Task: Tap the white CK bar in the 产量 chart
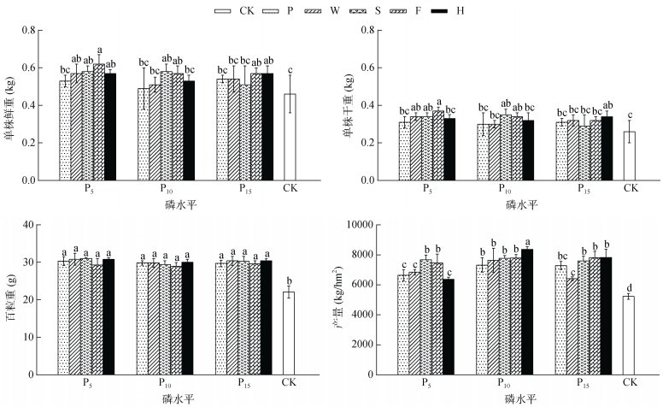click(x=629, y=335)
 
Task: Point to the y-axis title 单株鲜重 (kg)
click(x=11, y=106)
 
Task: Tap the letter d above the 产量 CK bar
click(x=629, y=288)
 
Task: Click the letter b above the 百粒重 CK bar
click(x=289, y=280)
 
